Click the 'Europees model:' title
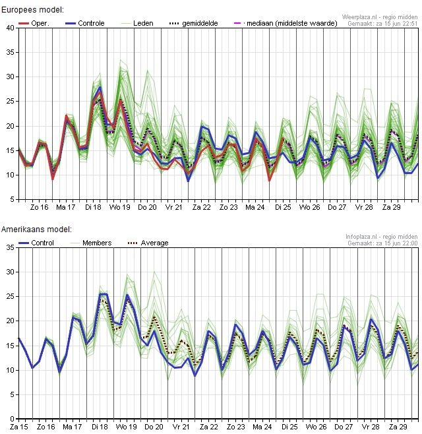point(33,11)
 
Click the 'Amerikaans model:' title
point(37,230)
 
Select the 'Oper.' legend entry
point(40,23)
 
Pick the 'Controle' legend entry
point(91,23)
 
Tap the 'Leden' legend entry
point(142,23)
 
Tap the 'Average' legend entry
point(154,243)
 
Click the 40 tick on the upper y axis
point(10,28)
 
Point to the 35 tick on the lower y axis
point(10,247)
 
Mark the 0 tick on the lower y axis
point(12,419)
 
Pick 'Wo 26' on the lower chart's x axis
point(310,427)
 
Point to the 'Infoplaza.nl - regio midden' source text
point(381,235)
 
